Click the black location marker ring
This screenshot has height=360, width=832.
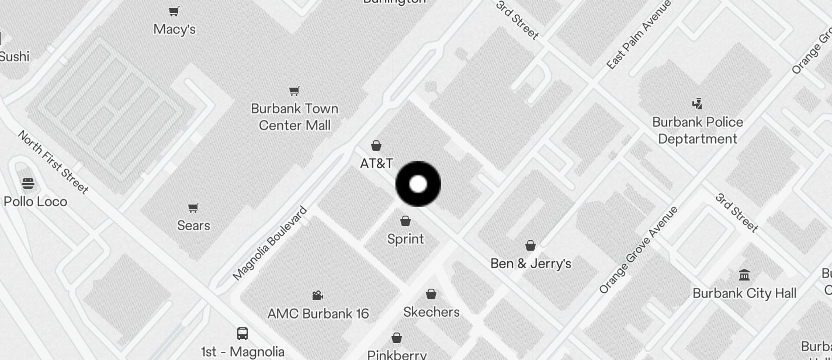coord(418,184)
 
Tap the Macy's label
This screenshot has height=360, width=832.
coord(174,29)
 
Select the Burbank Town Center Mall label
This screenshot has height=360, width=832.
coord(294,117)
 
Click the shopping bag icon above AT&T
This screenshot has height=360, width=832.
coord(376,146)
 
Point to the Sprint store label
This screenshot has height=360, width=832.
coord(405,239)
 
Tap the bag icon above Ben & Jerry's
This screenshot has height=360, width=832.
coord(531,245)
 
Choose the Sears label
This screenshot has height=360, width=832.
coord(193,226)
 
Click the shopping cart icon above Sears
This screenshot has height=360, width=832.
coord(193,208)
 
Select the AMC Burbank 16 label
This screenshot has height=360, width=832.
coord(318,314)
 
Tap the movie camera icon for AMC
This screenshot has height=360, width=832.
coord(317,296)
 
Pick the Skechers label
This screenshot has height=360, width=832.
coord(431,312)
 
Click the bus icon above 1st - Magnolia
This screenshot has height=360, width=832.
coord(242,334)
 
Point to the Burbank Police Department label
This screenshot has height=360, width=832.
coord(698,130)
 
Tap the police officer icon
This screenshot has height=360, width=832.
coord(696,104)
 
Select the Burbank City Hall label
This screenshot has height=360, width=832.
coord(744,293)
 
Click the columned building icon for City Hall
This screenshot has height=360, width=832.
coord(744,275)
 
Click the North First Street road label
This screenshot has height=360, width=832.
coord(53,162)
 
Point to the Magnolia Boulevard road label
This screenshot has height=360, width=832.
coord(270,243)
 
